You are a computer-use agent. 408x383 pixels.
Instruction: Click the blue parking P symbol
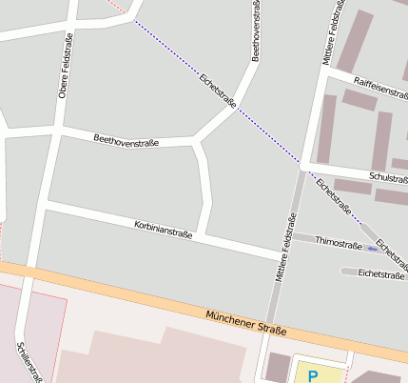click(x=313, y=376)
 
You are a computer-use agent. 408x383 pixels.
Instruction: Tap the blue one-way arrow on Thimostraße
click(x=371, y=248)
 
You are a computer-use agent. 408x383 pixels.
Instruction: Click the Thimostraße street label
click(x=339, y=244)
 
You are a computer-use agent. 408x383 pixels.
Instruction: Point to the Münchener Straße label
click(x=245, y=321)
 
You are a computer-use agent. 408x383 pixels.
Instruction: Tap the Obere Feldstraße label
click(x=66, y=66)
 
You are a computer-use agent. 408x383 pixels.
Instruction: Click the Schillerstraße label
click(x=29, y=361)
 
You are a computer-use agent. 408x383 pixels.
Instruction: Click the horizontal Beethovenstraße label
click(x=126, y=140)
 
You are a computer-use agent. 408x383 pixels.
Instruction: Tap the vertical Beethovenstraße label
click(x=255, y=30)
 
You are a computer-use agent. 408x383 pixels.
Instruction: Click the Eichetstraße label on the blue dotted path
click(x=218, y=90)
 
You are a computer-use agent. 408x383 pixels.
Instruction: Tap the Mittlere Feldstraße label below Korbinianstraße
click(x=282, y=249)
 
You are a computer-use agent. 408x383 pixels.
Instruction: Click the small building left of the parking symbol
click(x=276, y=367)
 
